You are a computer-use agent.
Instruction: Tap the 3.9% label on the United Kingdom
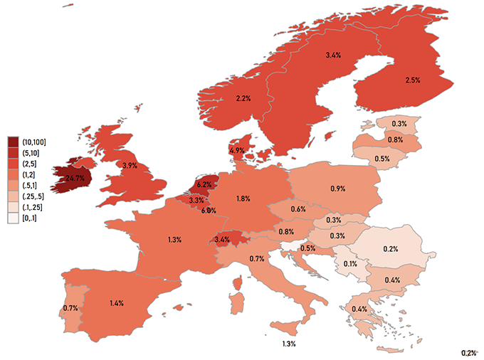click(x=130, y=165)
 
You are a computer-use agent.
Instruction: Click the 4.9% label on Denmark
click(x=237, y=150)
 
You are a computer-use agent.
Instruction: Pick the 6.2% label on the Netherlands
click(x=204, y=185)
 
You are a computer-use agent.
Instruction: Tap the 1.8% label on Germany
click(x=243, y=198)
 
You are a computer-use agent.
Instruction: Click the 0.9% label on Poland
click(x=338, y=189)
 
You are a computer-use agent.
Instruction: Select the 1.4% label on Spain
click(x=117, y=302)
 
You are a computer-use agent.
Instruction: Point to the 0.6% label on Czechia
click(x=298, y=208)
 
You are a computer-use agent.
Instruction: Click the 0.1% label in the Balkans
click(x=350, y=264)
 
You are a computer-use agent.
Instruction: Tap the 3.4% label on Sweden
click(x=333, y=55)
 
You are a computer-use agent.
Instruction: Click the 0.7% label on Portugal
click(x=70, y=308)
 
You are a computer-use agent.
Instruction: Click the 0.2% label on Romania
click(x=390, y=249)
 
